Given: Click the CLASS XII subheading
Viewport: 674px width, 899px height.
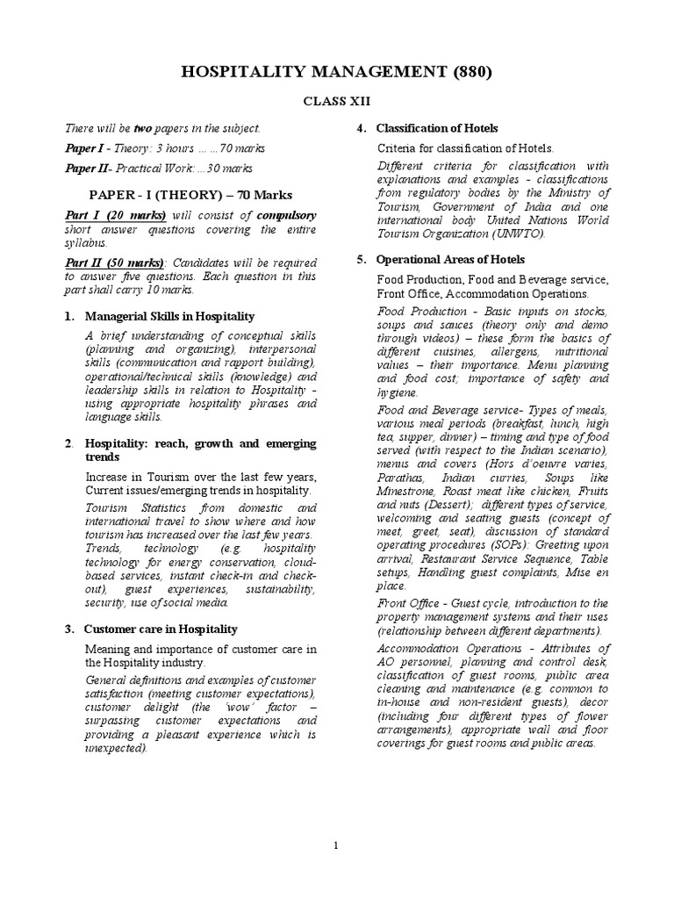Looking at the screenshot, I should pos(337,101).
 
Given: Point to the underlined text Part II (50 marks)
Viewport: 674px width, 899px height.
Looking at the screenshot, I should pos(115,263).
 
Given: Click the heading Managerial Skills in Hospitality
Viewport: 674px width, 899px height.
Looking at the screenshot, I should pos(169,316).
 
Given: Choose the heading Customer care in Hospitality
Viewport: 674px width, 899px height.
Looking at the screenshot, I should pos(161,629).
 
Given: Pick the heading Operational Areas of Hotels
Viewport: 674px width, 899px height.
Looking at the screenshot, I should pos(451,260).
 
